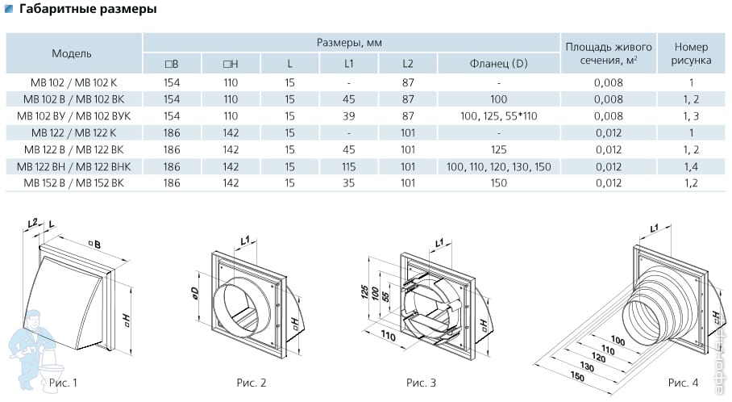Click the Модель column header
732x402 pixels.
(72, 53)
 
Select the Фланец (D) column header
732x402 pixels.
(499, 63)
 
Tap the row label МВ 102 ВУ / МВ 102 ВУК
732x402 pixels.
(72, 116)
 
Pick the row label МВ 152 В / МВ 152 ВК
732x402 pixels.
(72, 183)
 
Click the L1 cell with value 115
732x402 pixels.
(348, 166)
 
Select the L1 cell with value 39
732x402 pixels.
(348, 116)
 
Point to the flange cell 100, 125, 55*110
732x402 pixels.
(499, 116)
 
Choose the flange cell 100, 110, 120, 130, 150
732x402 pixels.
(499, 166)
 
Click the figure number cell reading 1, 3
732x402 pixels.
(691, 116)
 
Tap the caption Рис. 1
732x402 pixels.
(64, 381)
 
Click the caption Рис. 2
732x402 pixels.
(252, 381)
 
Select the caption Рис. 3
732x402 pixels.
(422, 381)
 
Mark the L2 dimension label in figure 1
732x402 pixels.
(32, 221)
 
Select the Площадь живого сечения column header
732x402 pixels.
(609, 53)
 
